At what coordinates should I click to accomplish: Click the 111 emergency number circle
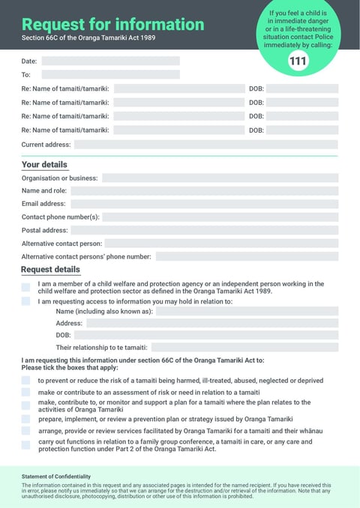pos(298,61)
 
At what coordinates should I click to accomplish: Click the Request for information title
pos(112,24)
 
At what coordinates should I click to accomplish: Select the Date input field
pos(110,61)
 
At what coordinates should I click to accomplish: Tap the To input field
pos(110,75)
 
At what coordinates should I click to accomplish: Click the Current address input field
pos(205,145)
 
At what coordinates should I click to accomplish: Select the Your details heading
pos(44,165)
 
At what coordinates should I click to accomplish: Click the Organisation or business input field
pos(220,178)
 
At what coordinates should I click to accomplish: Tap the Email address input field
pos(203,204)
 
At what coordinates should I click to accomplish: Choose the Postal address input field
pos(204,230)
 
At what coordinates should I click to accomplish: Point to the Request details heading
pos(50,270)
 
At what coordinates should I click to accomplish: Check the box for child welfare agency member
pos(26,287)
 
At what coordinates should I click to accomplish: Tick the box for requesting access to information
pos(26,301)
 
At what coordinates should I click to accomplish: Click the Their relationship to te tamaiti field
pos(245,348)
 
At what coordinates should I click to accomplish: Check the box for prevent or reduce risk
pos(26,381)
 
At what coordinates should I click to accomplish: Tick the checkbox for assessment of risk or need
pos(26,393)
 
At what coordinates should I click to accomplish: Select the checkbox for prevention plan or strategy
pos(26,419)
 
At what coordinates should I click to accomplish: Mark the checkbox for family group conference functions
pos(26,444)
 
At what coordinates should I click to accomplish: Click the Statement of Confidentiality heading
pos(56,477)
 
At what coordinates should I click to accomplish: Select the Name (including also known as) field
pos(247,312)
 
